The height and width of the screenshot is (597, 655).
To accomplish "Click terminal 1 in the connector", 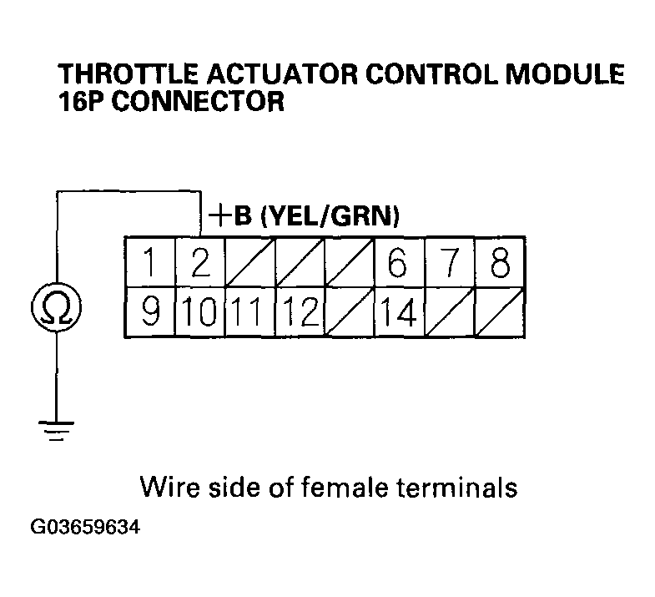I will point(149,263).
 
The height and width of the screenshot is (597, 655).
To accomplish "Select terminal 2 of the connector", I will point(199,263).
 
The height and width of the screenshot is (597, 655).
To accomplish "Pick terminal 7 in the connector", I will point(450,263).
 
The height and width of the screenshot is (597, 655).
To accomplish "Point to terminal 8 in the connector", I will point(500,263).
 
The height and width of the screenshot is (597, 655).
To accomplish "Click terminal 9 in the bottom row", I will point(149,313).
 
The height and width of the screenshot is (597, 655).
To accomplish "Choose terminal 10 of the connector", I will point(199,313).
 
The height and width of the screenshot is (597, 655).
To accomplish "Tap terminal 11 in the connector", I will point(249,313).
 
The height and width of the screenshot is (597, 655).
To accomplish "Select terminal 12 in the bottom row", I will point(300,313).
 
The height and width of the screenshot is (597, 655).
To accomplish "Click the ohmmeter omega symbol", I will point(56,310).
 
